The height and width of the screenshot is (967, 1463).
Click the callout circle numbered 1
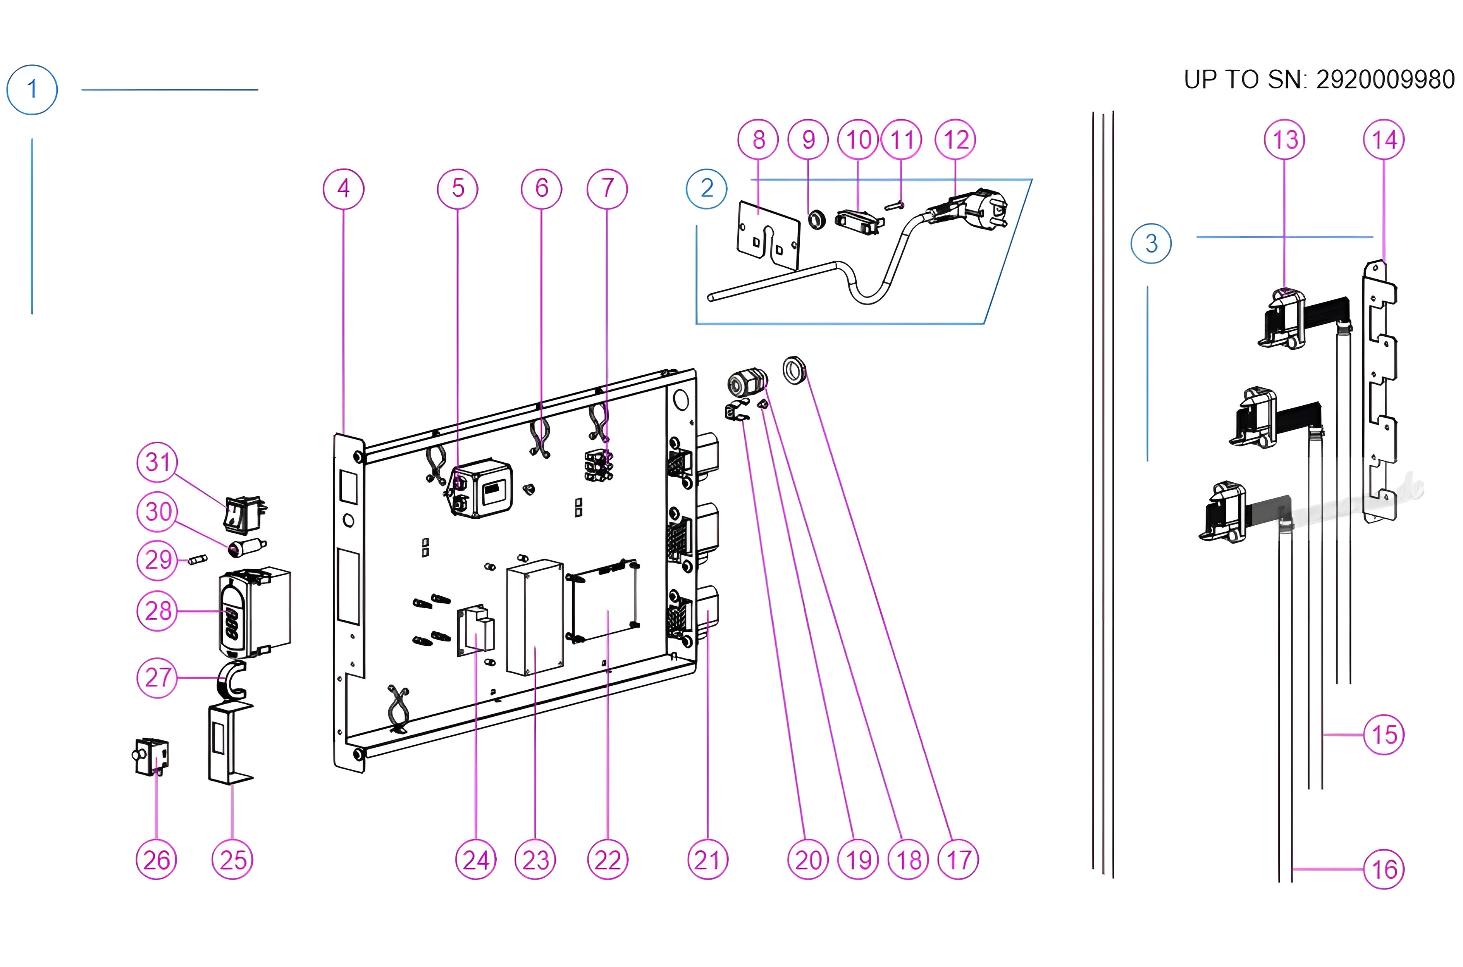(32, 89)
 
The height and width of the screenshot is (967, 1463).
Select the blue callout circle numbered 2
(707, 188)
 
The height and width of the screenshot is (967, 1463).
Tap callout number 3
(1151, 244)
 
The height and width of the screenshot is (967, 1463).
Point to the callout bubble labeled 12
(955, 139)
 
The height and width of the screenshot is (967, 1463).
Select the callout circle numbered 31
(157, 462)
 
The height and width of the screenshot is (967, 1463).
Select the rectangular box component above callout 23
(535, 617)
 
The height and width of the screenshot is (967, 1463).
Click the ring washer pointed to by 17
(794, 370)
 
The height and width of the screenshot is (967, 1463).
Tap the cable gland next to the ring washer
(746, 383)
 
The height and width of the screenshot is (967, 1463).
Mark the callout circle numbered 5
(458, 188)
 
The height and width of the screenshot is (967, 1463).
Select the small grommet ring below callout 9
(817, 219)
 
